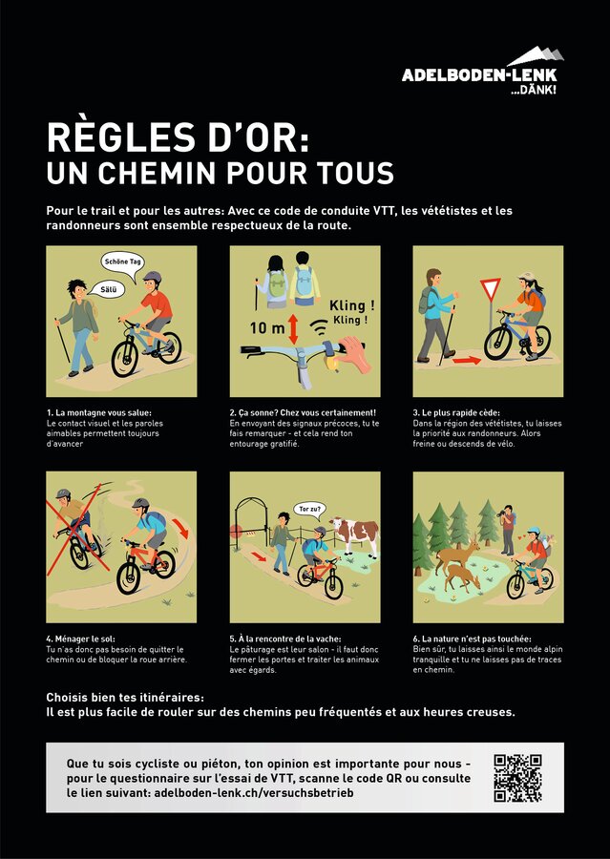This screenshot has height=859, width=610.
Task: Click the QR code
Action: tap(517, 778)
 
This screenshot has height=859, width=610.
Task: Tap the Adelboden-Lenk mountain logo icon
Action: tap(536, 56)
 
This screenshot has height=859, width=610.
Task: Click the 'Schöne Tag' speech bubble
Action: tap(123, 262)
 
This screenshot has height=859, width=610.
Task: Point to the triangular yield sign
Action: tap(491, 288)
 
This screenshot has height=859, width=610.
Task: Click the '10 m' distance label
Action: tap(267, 328)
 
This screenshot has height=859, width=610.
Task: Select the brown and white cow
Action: tap(355, 534)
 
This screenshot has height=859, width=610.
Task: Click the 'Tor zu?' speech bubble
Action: tap(309, 510)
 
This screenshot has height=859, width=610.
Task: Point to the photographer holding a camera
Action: tap(508, 529)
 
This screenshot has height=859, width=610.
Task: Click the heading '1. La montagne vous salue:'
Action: tap(99, 412)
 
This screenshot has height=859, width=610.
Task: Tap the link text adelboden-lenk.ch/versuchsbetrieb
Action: tap(254, 792)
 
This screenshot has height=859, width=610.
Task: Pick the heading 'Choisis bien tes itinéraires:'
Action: tap(125, 698)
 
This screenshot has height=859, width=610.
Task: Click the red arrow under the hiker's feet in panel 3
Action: tap(467, 360)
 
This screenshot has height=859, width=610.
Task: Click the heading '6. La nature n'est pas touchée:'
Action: tap(472, 639)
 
